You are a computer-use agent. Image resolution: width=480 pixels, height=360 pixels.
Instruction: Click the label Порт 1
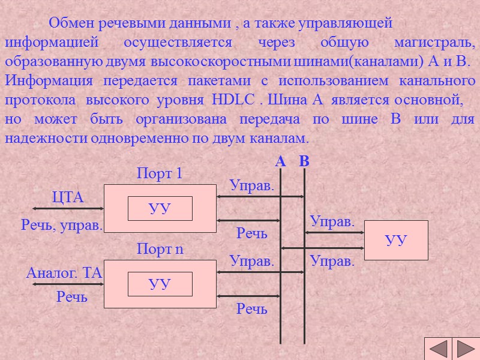[160, 174]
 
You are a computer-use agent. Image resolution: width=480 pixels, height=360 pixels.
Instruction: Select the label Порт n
[160, 249]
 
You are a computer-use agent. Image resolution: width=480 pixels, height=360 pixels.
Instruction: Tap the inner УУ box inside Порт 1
[160, 209]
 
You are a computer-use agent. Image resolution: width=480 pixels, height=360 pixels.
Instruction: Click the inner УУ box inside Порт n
[160, 284]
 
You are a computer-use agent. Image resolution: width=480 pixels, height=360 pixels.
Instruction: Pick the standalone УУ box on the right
[396, 240]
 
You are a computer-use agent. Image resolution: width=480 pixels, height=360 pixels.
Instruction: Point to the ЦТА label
[68, 197]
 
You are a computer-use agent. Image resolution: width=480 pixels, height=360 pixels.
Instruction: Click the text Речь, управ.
[62, 226]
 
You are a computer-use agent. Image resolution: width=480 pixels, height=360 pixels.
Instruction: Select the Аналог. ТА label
[64, 273]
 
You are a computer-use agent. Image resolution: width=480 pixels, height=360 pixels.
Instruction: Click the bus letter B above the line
[304, 162]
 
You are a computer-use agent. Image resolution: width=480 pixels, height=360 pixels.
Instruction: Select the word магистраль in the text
[434, 43]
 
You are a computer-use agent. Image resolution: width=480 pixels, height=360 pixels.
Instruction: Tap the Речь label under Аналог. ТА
[72, 296]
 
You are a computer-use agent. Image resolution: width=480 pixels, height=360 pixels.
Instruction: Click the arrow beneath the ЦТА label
[68, 209]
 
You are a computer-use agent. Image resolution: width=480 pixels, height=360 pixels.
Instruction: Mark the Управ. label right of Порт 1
[252, 186]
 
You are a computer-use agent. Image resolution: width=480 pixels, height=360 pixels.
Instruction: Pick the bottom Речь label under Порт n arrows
[252, 309]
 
